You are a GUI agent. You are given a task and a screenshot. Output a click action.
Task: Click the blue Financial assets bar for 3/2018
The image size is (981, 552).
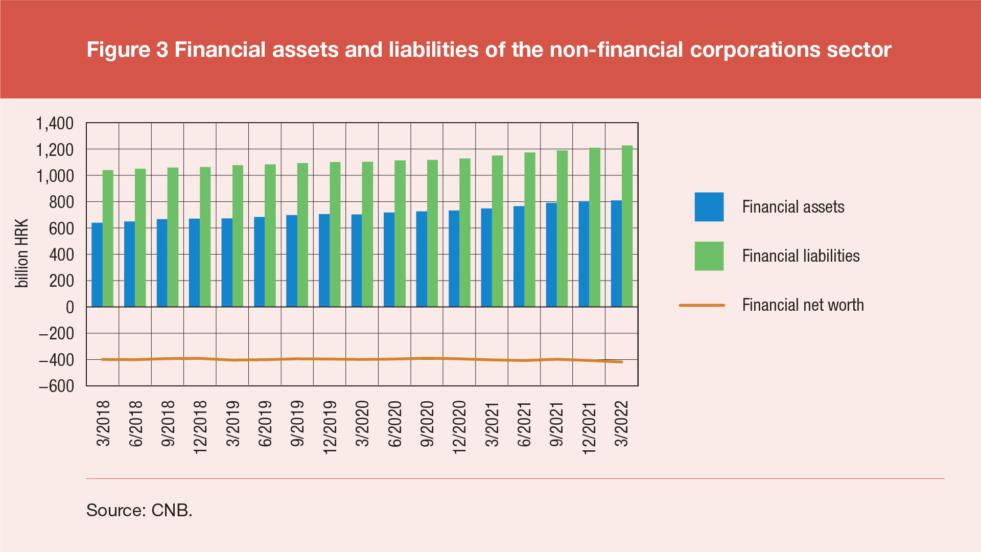click(97, 265)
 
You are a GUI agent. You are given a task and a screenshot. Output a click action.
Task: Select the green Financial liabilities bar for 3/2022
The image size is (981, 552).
click(627, 226)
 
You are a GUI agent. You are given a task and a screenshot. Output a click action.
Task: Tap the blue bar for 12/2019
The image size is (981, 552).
click(324, 260)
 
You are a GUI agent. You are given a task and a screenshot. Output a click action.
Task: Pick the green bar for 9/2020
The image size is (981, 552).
click(432, 233)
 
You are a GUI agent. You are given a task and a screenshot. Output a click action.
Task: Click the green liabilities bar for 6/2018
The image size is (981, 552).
click(140, 238)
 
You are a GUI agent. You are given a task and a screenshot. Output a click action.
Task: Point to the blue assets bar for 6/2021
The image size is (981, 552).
click(519, 256)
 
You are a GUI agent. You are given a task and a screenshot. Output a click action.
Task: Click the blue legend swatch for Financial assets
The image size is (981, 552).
click(709, 207)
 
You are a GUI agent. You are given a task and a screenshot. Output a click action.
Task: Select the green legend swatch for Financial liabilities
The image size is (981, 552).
click(709, 256)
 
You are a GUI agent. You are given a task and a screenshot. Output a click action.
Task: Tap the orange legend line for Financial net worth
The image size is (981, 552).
click(702, 305)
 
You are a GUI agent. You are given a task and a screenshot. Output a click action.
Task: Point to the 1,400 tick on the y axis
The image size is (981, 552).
click(55, 123)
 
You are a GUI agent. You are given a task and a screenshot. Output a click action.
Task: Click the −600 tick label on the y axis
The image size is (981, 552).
click(56, 386)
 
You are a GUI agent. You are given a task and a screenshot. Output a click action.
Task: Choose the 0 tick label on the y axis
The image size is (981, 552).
click(69, 307)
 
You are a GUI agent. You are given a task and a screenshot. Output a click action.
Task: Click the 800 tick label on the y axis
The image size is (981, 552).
click(61, 202)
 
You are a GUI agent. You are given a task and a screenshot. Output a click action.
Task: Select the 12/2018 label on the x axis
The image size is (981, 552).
click(200, 427)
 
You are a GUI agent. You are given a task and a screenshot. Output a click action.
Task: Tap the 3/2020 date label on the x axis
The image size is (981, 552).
click(362, 424)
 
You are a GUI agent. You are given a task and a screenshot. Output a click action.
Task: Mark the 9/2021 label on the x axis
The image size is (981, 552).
click(556, 424)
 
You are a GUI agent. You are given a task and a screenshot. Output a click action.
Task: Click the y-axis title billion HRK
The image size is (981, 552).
click(22, 254)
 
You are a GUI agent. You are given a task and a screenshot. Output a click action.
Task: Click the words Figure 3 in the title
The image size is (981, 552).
click(127, 50)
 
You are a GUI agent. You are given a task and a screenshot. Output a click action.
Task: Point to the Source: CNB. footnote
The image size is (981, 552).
click(139, 510)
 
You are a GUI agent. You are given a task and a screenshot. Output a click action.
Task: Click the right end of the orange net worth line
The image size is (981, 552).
click(621, 362)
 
